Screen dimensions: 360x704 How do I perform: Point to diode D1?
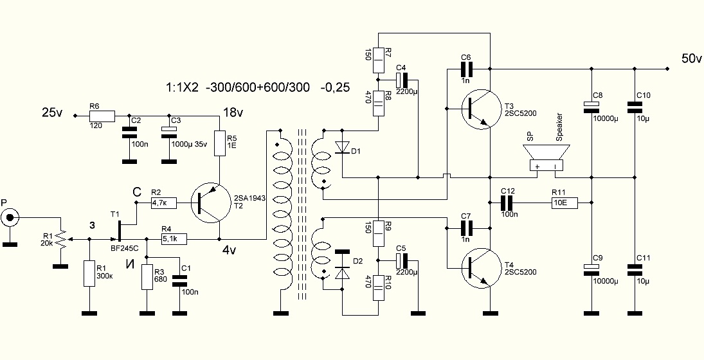coord(342,147)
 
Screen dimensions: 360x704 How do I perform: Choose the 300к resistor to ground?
coord(89,273)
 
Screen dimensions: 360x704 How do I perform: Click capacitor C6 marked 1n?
coord(467,68)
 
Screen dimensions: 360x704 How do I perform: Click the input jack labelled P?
coord(10,219)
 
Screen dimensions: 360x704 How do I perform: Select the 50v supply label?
coord(691,59)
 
